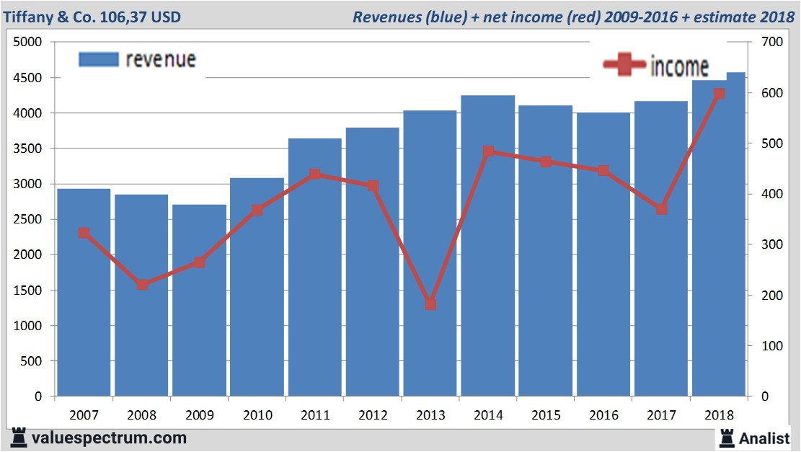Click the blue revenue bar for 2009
pos(200,303)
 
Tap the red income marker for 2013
pos(430,304)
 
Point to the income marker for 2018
pos(719,94)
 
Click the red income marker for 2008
pos(143,284)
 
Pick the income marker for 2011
pos(315,174)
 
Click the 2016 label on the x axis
pos(603,415)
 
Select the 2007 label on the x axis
pos(84,415)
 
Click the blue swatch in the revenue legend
pos(97,60)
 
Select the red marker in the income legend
pos(624,66)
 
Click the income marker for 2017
pos(661,208)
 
